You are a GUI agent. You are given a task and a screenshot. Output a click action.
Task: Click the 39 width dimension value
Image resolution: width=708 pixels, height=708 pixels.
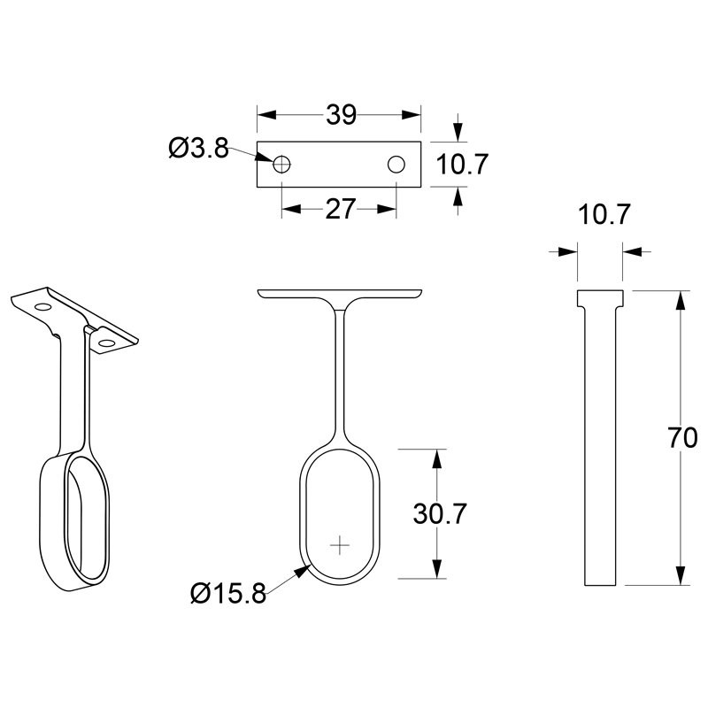[341, 115]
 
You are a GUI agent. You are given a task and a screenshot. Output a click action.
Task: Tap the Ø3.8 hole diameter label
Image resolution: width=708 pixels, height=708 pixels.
[198, 148]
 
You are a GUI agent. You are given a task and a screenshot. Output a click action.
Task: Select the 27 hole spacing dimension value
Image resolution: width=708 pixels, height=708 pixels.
[340, 209]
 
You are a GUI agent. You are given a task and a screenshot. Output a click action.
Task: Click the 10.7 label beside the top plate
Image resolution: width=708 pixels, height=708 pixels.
[462, 164]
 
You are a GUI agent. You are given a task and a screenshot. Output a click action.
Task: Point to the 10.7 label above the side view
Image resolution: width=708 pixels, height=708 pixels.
[604, 214]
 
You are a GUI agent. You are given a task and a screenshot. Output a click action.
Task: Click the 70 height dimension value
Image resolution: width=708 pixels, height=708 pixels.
[682, 437]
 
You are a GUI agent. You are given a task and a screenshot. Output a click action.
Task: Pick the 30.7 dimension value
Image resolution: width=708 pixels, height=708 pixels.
[439, 514]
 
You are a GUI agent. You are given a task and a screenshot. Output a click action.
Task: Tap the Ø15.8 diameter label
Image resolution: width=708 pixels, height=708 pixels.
[228, 593]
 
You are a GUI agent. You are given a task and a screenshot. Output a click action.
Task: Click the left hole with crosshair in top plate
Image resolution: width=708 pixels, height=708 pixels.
[281, 165]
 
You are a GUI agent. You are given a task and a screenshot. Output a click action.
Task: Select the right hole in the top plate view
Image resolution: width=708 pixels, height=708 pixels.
[396, 165]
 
